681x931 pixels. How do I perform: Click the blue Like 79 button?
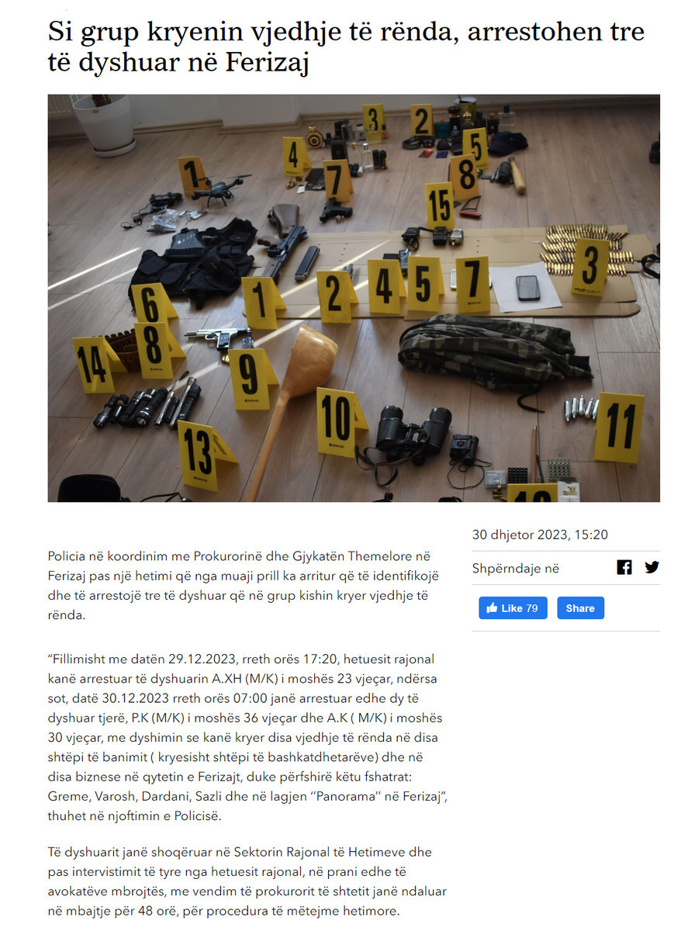tap(513, 607)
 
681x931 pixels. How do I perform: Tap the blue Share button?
tap(580, 607)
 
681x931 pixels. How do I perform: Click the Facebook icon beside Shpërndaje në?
tap(624, 567)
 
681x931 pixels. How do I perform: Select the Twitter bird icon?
tap(652, 567)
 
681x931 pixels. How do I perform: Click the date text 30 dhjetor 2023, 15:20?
tap(540, 535)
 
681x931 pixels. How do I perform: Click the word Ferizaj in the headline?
tap(267, 62)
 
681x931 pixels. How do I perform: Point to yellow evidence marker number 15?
tap(440, 206)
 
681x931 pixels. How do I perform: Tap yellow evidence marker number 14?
tap(95, 364)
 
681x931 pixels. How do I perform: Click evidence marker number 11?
tap(619, 427)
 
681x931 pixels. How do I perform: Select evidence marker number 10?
tap(339, 422)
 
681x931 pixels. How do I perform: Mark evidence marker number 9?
tap(251, 379)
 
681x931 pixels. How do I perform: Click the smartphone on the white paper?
tap(527, 288)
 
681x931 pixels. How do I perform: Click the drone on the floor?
tap(220, 189)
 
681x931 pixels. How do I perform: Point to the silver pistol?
tap(218, 337)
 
